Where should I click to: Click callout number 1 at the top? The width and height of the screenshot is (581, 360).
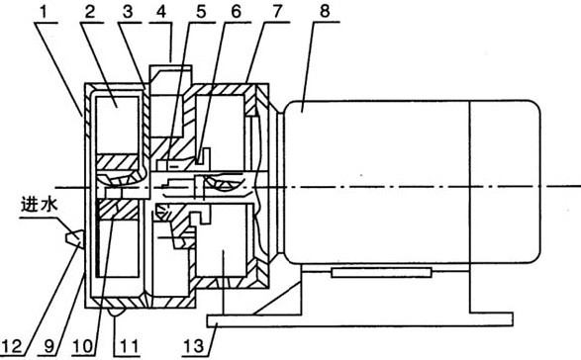[45, 12]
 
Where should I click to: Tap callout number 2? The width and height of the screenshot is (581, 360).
[90, 12]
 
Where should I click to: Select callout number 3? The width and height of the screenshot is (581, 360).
[128, 12]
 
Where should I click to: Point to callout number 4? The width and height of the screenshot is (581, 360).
[161, 12]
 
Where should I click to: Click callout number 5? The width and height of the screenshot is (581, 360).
[201, 12]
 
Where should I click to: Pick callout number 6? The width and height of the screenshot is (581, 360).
[236, 12]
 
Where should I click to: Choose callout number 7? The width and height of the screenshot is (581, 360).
[278, 12]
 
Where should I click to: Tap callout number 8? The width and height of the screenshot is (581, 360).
[325, 12]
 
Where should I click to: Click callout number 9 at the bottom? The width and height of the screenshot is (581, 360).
[49, 347]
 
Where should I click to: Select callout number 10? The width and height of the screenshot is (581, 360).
[83, 347]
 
